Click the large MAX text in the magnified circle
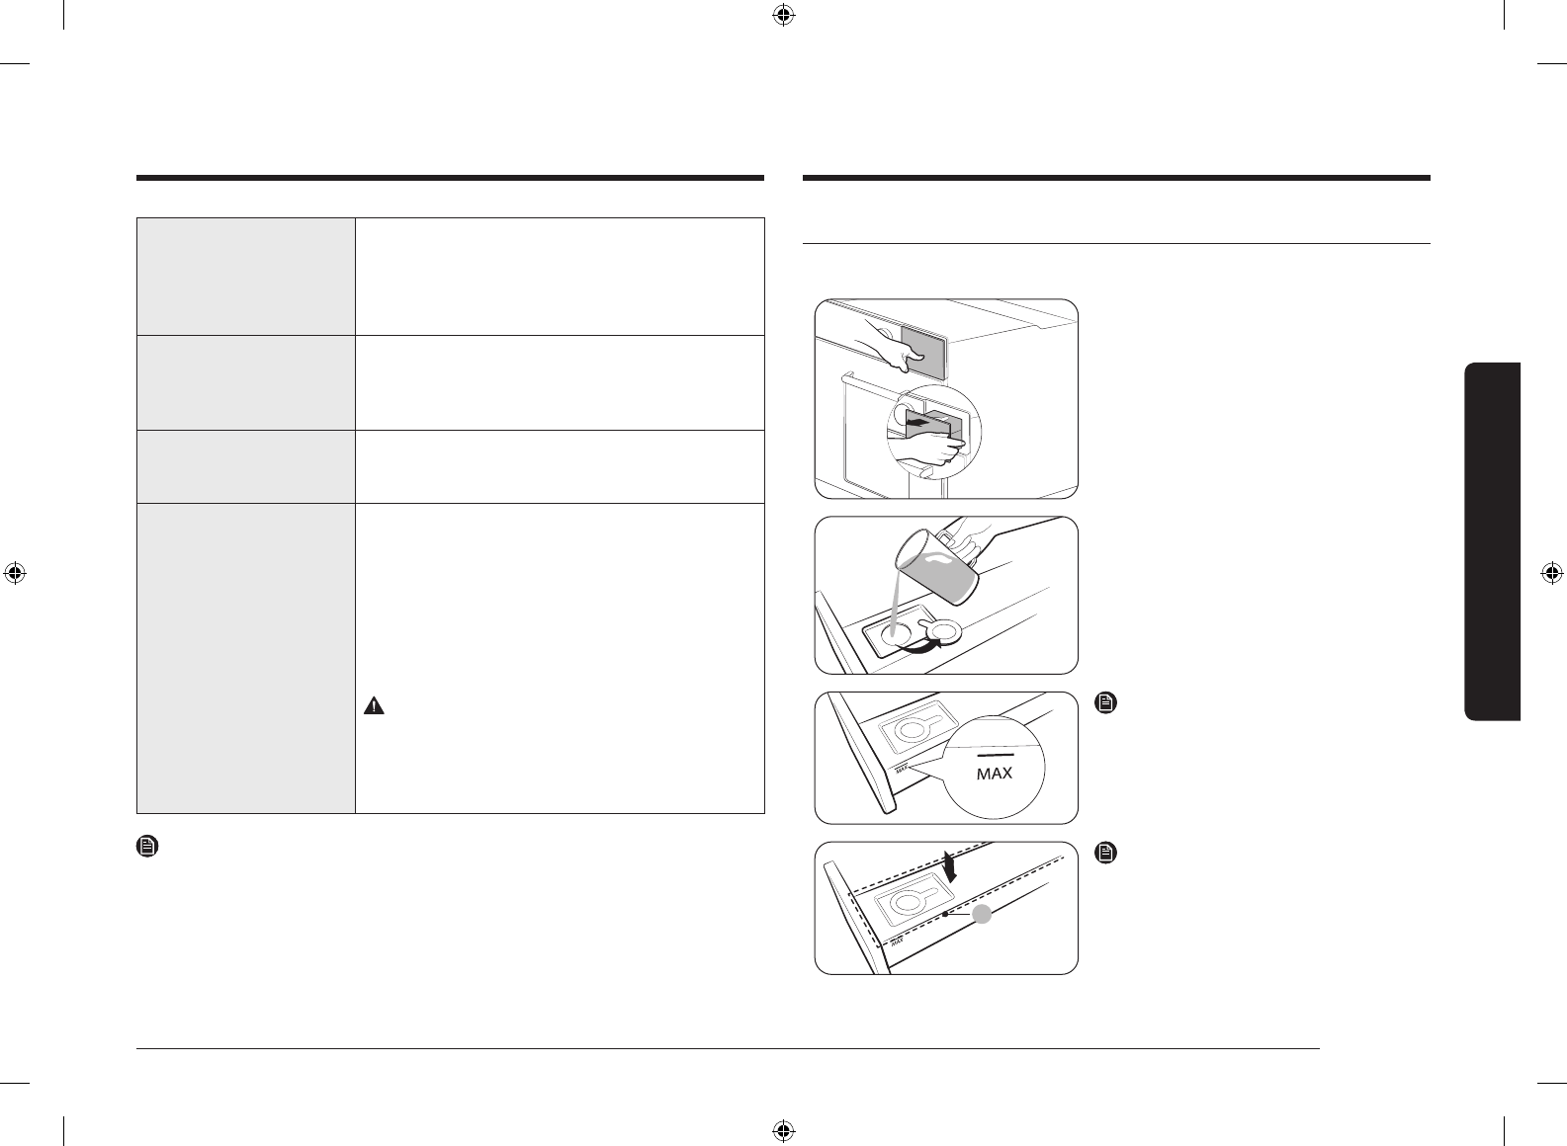[994, 774]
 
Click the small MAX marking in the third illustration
[901, 767]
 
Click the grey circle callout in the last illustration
[982, 915]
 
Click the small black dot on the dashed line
[946, 916]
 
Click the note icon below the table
[146, 847]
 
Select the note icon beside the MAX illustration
[1107, 703]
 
